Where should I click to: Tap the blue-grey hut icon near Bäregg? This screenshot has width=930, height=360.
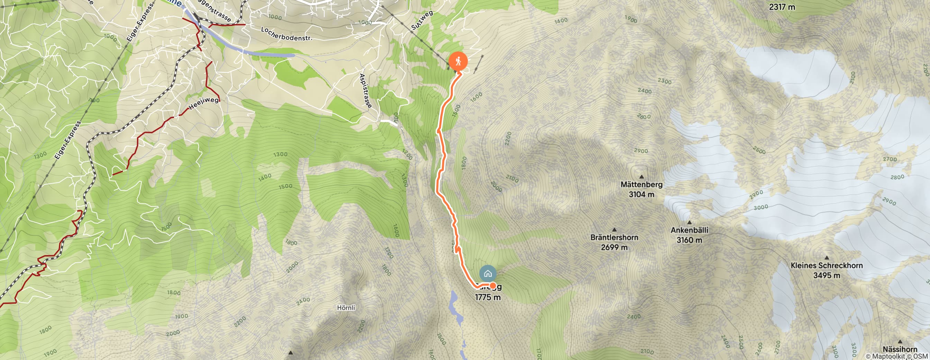coord(488,273)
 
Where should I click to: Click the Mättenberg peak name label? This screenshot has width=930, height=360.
coord(641,184)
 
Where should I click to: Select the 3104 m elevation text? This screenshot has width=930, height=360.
coord(641,194)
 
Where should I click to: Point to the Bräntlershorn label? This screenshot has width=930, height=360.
coord(614,237)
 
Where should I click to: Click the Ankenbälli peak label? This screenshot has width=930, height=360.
coord(689,230)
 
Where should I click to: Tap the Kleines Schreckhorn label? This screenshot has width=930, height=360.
coord(827,265)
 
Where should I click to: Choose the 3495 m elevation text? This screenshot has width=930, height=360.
coord(827,276)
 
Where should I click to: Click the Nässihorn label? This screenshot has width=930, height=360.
coord(900,349)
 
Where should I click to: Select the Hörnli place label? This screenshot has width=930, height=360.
coord(346,308)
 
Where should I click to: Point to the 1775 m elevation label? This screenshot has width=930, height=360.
coord(487,297)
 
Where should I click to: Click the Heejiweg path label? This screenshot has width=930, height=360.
coord(204,103)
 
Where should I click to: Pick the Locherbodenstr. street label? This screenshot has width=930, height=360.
coord(286,34)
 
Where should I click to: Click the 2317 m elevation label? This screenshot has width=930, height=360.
coord(782,7)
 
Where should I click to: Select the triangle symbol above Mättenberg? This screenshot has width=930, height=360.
coord(641,177)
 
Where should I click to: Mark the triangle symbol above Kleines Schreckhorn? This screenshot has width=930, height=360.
coord(827,258)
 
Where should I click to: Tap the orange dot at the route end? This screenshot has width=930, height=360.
coord(492,286)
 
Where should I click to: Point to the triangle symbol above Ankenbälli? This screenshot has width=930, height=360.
coord(689,223)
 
